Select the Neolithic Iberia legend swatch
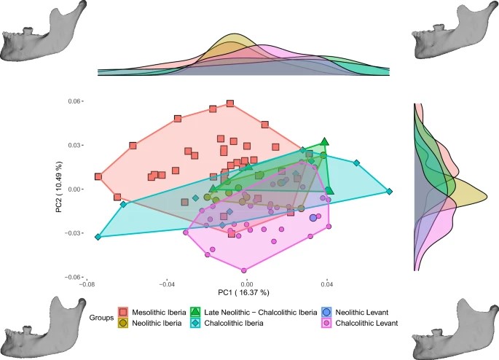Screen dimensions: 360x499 point(123,323)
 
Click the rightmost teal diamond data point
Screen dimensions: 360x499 point(390,192)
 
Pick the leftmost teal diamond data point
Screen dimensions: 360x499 point(98,237)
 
